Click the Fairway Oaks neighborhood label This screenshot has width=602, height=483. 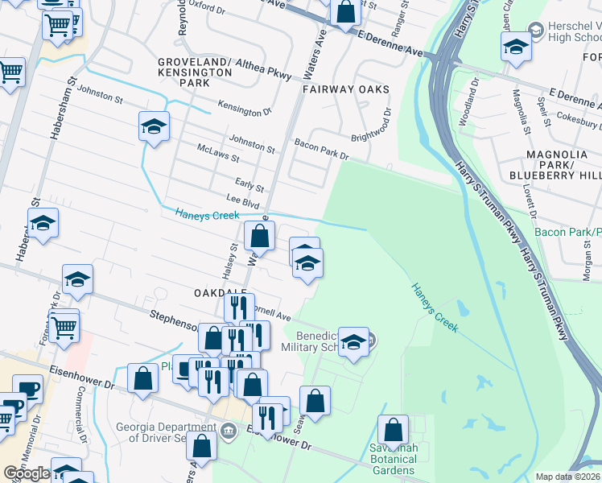point(346,89)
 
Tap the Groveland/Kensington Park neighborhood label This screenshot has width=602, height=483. point(195,72)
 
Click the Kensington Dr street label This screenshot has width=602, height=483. point(245,110)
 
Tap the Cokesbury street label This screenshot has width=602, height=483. point(574,119)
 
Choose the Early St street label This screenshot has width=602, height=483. point(249,184)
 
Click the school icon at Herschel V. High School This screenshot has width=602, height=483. point(515,47)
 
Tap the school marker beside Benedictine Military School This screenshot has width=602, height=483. point(353,342)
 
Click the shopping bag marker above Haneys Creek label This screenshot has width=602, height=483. point(259,236)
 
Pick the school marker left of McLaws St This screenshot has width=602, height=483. point(154,126)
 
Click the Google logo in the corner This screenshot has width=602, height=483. point(27,473)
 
